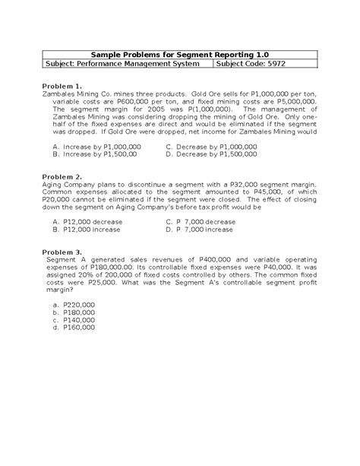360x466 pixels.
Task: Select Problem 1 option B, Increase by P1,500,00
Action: point(94,153)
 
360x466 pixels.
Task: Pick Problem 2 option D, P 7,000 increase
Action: point(200,228)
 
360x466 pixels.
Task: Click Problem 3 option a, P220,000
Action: point(74,303)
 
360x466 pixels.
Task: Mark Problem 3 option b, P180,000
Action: point(74,312)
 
